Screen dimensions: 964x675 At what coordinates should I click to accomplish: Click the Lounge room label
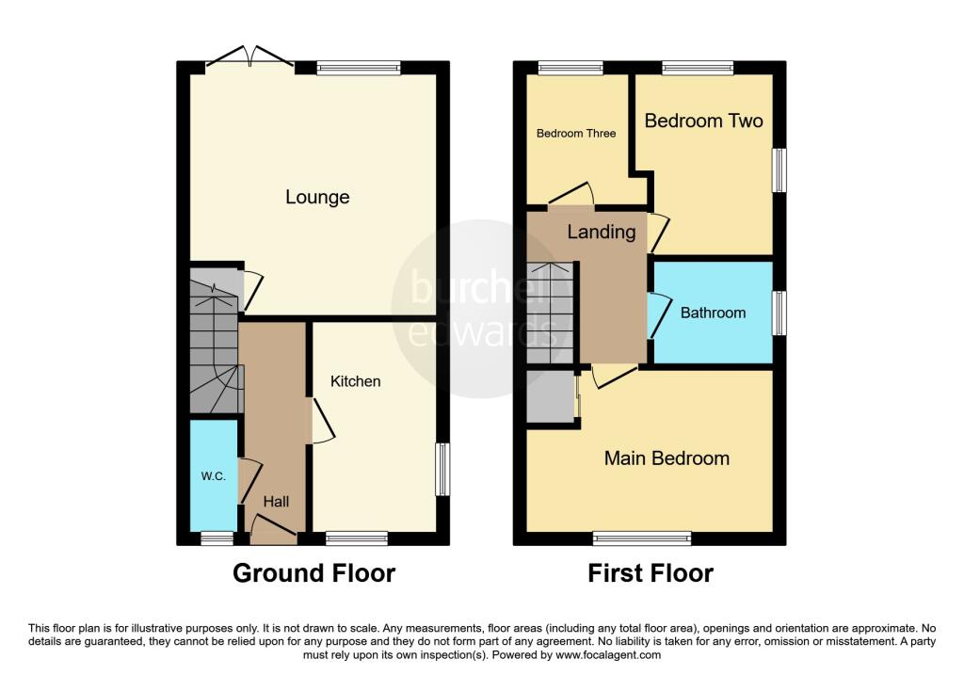[317, 197]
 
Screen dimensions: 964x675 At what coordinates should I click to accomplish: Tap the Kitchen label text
[355, 381]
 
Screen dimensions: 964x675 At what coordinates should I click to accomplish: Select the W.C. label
[214, 476]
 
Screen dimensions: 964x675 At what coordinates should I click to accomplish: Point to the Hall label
[276, 502]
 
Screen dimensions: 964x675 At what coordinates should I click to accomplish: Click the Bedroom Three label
[576, 134]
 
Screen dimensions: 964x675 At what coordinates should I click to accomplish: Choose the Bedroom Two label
[704, 121]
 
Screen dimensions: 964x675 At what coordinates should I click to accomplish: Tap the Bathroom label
[714, 313]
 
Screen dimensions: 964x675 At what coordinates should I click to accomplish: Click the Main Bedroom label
[667, 458]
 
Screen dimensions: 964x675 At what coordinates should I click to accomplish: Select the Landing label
[602, 232]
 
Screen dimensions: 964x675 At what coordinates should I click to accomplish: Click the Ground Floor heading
[313, 573]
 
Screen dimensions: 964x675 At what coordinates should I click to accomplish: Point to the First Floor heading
[651, 573]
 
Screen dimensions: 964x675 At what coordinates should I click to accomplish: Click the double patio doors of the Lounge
[250, 56]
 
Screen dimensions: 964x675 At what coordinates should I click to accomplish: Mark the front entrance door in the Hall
[274, 529]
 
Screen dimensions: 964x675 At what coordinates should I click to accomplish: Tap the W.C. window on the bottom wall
[217, 538]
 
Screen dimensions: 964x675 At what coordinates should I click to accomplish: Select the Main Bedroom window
[642, 538]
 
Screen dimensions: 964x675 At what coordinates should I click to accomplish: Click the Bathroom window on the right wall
[779, 313]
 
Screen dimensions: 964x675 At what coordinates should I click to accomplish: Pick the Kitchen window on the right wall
[442, 469]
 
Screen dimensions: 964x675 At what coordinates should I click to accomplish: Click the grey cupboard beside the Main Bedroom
[552, 396]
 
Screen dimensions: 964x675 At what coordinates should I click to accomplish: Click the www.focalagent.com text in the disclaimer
[608, 655]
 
